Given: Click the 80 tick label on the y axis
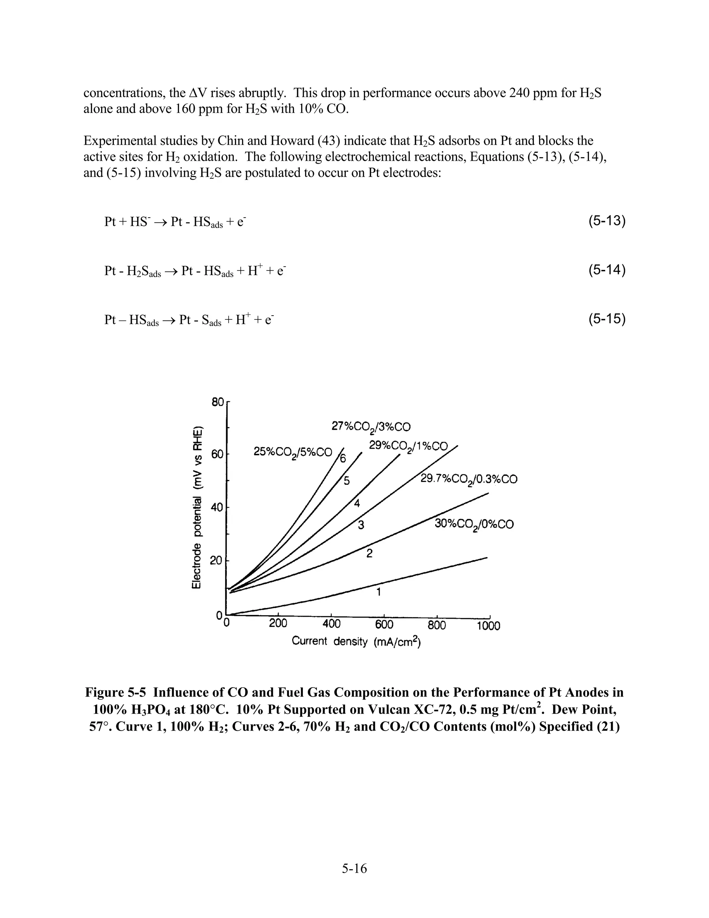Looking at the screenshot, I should (217, 402).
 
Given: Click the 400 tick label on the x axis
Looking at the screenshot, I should (331, 624).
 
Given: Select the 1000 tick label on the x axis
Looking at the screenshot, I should (488, 626).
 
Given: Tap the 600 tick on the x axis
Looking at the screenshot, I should (384, 625).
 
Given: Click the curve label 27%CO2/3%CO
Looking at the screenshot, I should (371, 427).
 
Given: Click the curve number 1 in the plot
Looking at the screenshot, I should (378, 593).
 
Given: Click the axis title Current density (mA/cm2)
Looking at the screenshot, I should (356, 642).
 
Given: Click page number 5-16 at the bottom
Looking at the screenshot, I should (354, 868).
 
